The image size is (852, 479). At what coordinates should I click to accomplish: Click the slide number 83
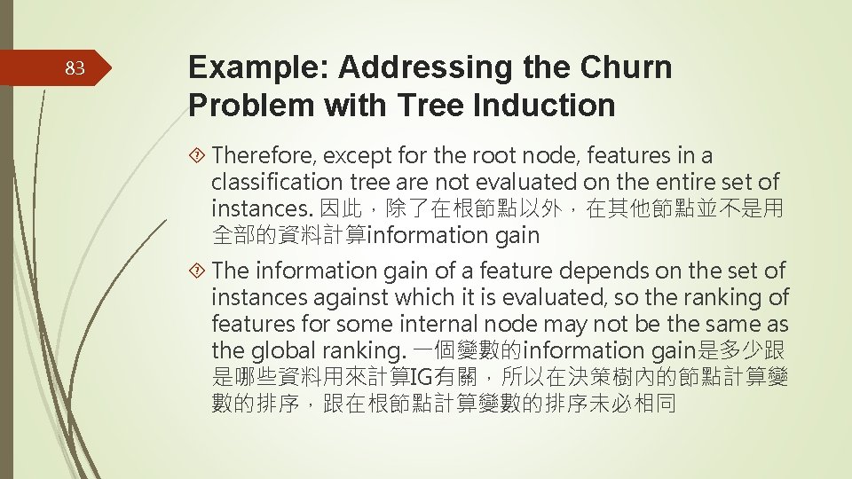click(x=75, y=67)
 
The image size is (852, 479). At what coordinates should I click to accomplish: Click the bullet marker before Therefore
click(x=199, y=156)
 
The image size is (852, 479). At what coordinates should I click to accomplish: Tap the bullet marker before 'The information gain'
click(x=199, y=271)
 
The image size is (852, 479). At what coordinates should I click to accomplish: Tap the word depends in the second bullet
click(x=556, y=271)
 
